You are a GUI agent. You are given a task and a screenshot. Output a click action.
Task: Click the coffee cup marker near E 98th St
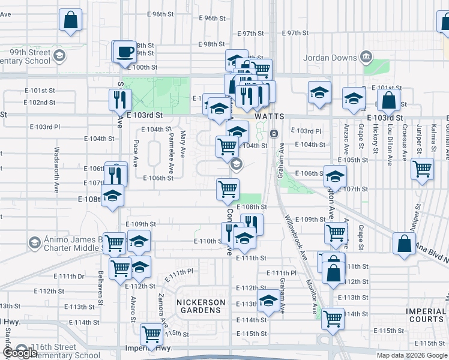pos(125,51)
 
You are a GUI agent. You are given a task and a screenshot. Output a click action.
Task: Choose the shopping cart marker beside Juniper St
pos(423,169)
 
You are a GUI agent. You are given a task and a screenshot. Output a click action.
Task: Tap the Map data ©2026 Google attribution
pos(411,355)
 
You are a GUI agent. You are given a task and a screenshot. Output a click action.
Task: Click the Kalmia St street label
pos(433,137)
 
